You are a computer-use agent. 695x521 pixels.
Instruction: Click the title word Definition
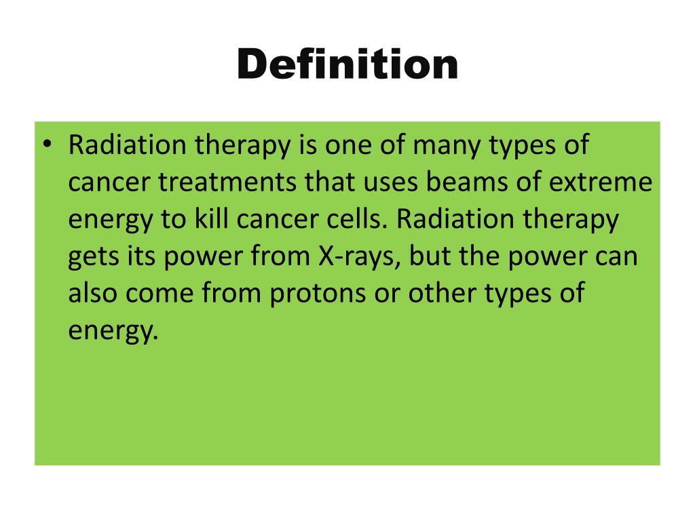point(347,66)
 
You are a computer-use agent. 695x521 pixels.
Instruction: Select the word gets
point(93,258)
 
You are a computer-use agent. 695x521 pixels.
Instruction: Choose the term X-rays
point(348,258)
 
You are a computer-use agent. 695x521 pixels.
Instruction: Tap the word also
point(93,294)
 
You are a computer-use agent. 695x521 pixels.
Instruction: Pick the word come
point(164,294)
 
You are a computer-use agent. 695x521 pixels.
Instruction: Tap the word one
point(362,146)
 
